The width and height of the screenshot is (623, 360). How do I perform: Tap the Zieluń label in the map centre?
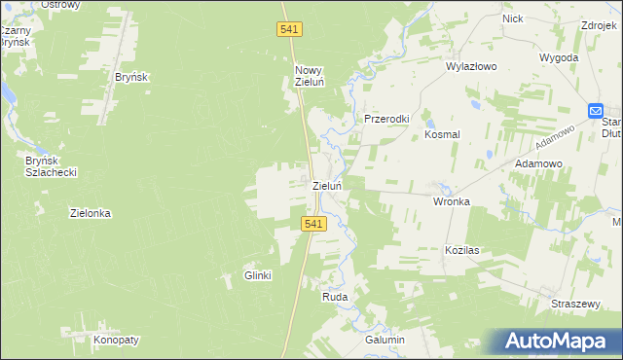coord(326,185)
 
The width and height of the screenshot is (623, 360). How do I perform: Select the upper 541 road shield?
coord(289,30)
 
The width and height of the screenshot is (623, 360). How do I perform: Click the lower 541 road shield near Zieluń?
coord(311,224)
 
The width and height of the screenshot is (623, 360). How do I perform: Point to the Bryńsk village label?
coord(130,77)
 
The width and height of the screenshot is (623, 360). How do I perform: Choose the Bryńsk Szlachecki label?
coord(52,165)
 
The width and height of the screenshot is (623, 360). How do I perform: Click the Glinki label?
coord(258,275)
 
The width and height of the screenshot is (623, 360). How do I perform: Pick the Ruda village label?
coord(335,298)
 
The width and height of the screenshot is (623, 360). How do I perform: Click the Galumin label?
coord(385,340)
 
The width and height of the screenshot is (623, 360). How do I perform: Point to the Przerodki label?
coord(386,119)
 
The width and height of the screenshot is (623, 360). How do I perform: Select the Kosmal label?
coord(442,135)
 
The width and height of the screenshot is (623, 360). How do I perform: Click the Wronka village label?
coord(452,201)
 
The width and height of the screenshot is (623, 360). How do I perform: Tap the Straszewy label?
coord(574,304)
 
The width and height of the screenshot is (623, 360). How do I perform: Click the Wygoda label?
coord(559,58)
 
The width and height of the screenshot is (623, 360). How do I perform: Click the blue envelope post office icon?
coord(596,111)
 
